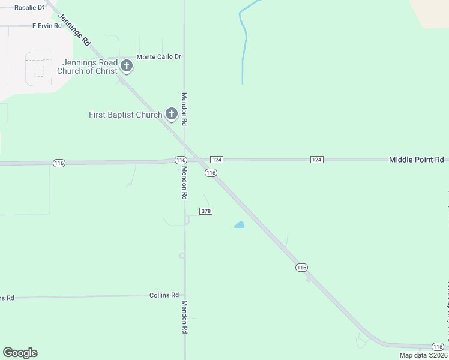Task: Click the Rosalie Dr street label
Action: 29,8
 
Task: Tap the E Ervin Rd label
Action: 47,26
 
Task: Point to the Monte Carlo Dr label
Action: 159,57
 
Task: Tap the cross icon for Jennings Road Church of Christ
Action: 127,65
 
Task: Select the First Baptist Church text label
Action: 125,115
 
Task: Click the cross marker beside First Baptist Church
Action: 171,114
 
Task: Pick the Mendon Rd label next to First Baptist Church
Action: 185,108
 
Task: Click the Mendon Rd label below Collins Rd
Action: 185,317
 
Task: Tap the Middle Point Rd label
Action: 417,160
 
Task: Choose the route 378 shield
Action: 206,211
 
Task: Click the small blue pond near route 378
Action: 240,225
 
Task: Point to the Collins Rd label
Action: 164,295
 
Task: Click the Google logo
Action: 20,353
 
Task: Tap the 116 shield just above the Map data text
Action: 439,347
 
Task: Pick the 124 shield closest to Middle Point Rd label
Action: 317,159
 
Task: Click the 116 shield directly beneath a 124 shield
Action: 210,173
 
